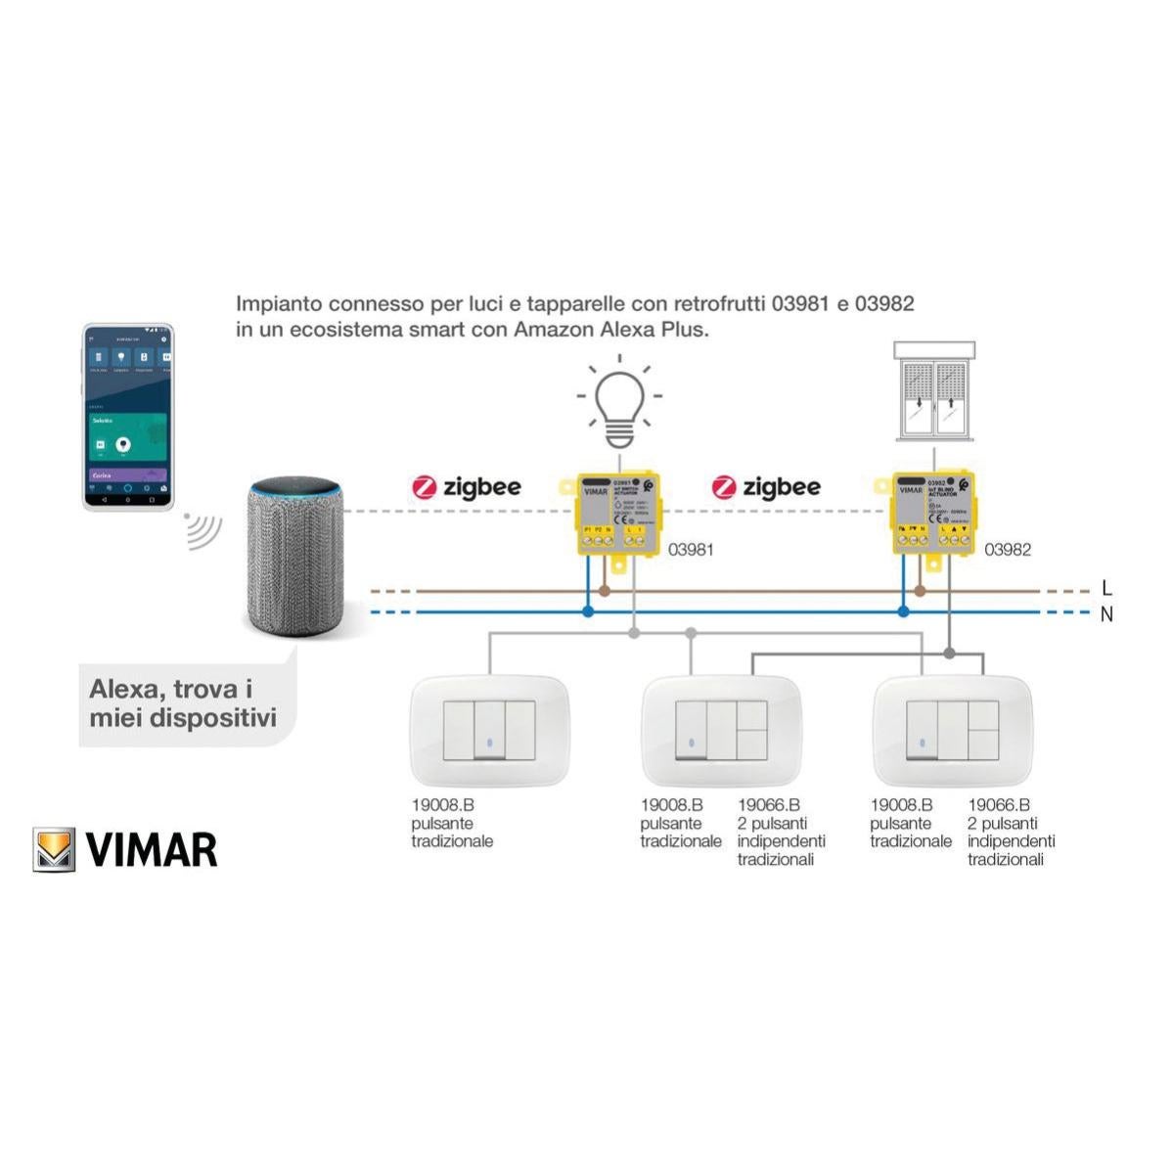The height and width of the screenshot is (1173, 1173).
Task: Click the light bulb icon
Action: click(x=619, y=399)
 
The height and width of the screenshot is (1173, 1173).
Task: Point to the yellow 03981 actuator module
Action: click(x=617, y=515)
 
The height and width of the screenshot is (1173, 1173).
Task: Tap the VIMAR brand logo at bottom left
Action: click(x=125, y=849)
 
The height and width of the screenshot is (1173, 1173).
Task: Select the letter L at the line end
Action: click(x=1106, y=588)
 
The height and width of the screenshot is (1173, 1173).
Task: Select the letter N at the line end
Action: click(x=1106, y=614)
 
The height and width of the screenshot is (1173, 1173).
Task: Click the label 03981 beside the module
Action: click(x=691, y=550)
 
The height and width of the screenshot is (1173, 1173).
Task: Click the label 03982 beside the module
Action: click(x=1007, y=550)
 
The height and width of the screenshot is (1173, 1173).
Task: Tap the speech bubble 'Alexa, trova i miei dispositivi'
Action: click(x=183, y=703)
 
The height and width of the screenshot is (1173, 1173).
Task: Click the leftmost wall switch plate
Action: click(x=488, y=731)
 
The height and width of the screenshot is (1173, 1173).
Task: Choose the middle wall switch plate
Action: click(x=721, y=731)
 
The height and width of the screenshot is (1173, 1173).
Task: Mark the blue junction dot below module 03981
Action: click(x=588, y=611)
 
